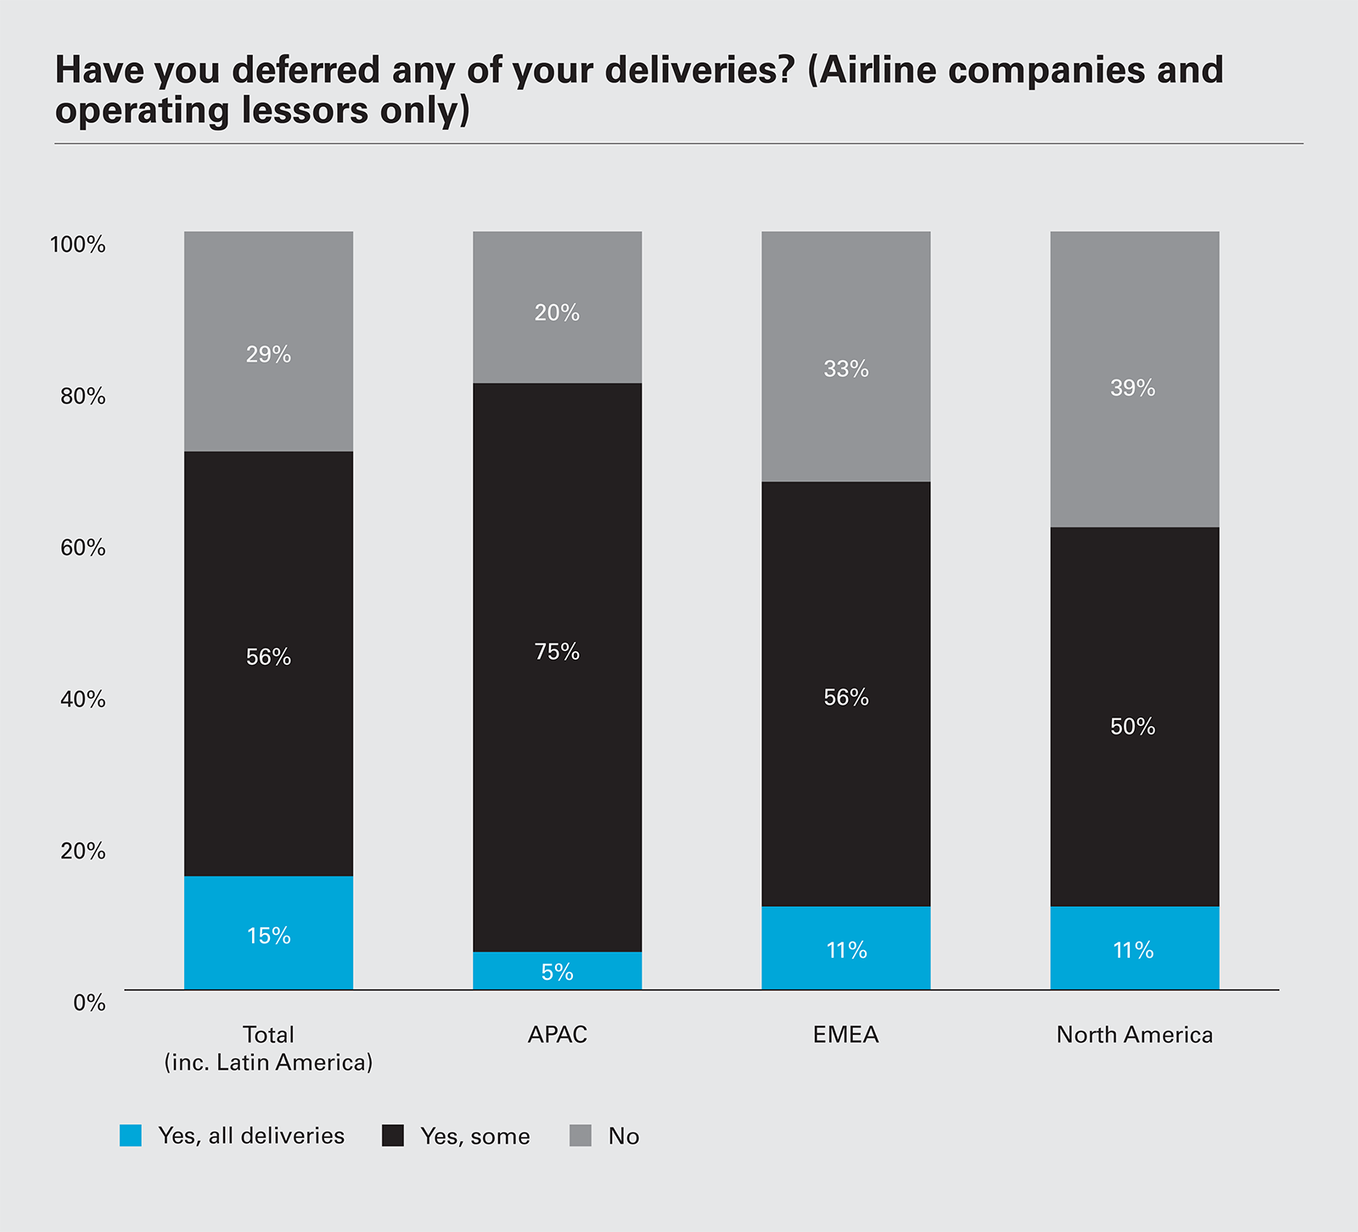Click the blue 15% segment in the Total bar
[x=268, y=932]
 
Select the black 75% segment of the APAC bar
[x=557, y=667]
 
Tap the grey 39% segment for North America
[x=1134, y=379]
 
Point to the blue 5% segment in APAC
[x=557, y=970]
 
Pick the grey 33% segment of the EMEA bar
[x=845, y=356]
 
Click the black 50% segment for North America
[x=1134, y=717]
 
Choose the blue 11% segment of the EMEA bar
[x=845, y=948]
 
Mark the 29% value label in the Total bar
[x=268, y=355]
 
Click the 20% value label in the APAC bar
[x=557, y=313]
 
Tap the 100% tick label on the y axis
[x=78, y=245]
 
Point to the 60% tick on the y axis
[x=83, y=548]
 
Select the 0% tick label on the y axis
[x=89, y=1003]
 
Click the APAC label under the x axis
[x=557, y=1035]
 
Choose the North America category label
[x=1134, y=1035]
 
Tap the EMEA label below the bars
[x=845, y=1035]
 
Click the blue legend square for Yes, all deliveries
[x=131, y=1135]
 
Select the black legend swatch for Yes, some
[x=393, y=1135]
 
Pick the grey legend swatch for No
[x=581, y=1135]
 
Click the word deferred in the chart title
[x=306, y=70]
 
